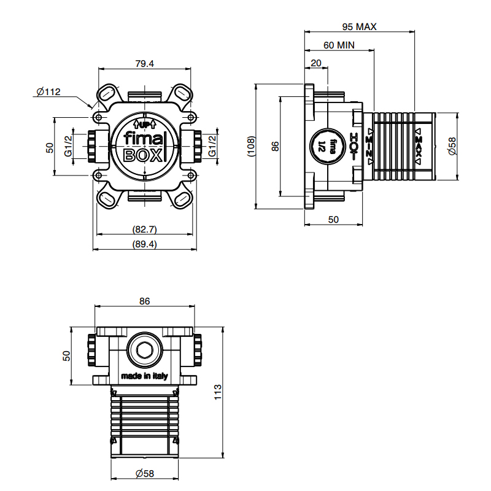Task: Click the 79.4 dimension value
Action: [144, 64]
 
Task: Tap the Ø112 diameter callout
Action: [48, 91]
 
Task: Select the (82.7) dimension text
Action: [144, 229]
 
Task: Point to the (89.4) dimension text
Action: [144, 244]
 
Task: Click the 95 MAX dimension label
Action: [359, 27]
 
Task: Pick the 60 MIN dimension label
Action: [339, 45]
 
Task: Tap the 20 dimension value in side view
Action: [316, 63]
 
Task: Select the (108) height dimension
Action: [252, 146]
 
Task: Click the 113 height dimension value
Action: [217, 392]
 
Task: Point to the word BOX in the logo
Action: [143, 155]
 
